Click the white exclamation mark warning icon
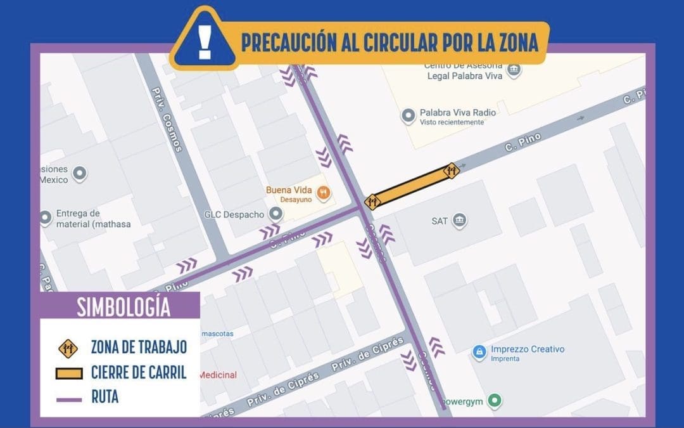pos(204,39)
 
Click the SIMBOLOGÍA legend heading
pos(123,306)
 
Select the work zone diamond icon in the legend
pos(68,347)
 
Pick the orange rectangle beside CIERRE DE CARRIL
pos(68,373)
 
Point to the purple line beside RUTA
pos(68,399)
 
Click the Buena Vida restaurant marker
pos(324,192)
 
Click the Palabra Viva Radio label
pos(457,113)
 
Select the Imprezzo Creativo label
pos(527,349)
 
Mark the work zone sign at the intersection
pos(372,202)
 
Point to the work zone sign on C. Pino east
pos(452,170)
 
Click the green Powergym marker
pos(496,400)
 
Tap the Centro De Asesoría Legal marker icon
pos(514,68)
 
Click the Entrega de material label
pos(78,218)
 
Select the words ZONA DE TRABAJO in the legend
pos(139,347)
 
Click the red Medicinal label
pos(218,375)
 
